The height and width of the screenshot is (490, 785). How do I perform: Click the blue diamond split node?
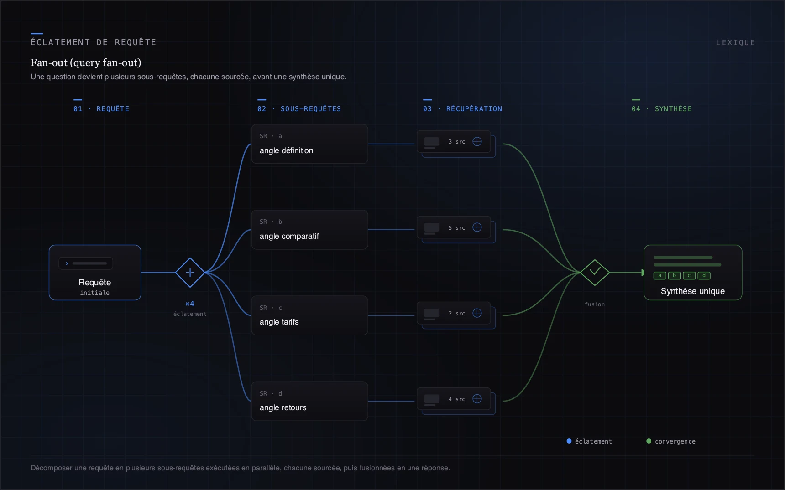[x=190, y=273]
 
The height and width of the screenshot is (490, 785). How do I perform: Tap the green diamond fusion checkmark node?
[x=595, y=273]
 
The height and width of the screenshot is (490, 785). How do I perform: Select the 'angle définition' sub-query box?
[x=309, y=144]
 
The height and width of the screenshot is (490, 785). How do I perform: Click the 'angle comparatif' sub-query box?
[x=309, y=230]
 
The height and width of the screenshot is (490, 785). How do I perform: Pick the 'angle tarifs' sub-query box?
[x=309, y=315]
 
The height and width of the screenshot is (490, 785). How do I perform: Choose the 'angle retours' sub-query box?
[x=309, y=401]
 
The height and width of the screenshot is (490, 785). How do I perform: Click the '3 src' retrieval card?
[x=454, y=142]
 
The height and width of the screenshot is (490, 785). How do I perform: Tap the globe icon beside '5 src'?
[x=477, y=227]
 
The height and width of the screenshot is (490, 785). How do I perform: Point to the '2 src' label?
[x=456, y=314]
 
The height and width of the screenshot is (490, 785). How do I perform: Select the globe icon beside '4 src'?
[x=477, y=399]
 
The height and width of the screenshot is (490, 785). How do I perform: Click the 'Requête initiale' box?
[x=95, y=273]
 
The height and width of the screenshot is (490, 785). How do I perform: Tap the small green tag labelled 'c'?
[x=689, y=275]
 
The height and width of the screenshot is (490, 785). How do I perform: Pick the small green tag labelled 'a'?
[x=659, y=275]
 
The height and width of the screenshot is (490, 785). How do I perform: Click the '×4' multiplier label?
[x=190, y=304]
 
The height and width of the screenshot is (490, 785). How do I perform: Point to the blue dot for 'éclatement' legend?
[x=569, y=441]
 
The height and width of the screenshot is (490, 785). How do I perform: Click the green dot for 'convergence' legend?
[x=649, y=441]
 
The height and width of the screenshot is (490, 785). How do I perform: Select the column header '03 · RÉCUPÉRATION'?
[x=462, y=109]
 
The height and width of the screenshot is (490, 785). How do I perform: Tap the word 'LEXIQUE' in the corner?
[x=735, y=42]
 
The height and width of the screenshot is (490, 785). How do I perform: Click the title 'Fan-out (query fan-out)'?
[x=86, y=62]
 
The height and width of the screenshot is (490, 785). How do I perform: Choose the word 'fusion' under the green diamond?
[x=595, y=304]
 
